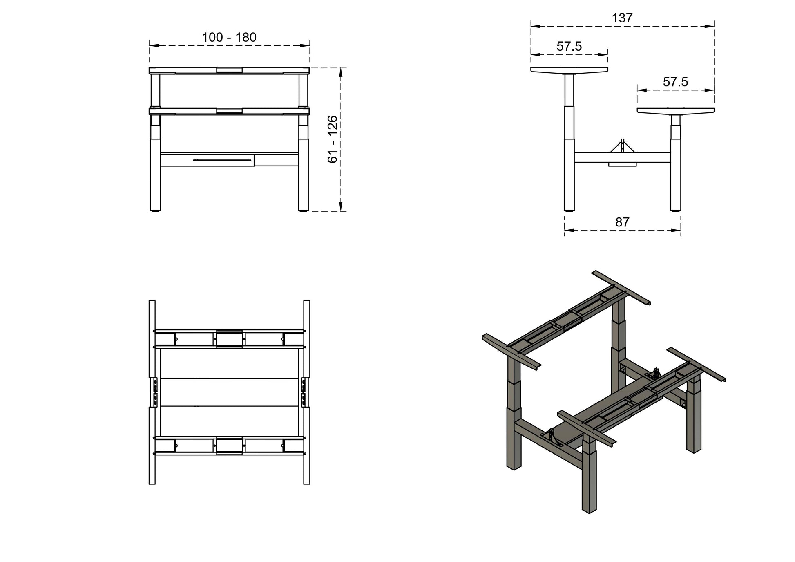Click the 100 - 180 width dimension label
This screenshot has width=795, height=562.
click(x=229, y=38)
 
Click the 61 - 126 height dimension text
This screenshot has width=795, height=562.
click(x=333, y=139)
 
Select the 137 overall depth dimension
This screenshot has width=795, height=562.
click(x=622, y=18)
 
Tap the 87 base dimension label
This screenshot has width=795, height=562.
click(x=622, y=222)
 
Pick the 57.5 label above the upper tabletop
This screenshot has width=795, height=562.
click(x=569, y=47)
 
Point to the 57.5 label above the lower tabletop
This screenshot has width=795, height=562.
click(x=675, y=82)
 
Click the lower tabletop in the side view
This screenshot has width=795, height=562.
click(x=675, y=110)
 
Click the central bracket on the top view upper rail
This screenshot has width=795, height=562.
click(x=229, y=338)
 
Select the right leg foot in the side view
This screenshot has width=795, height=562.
click(x=676, y=210)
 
